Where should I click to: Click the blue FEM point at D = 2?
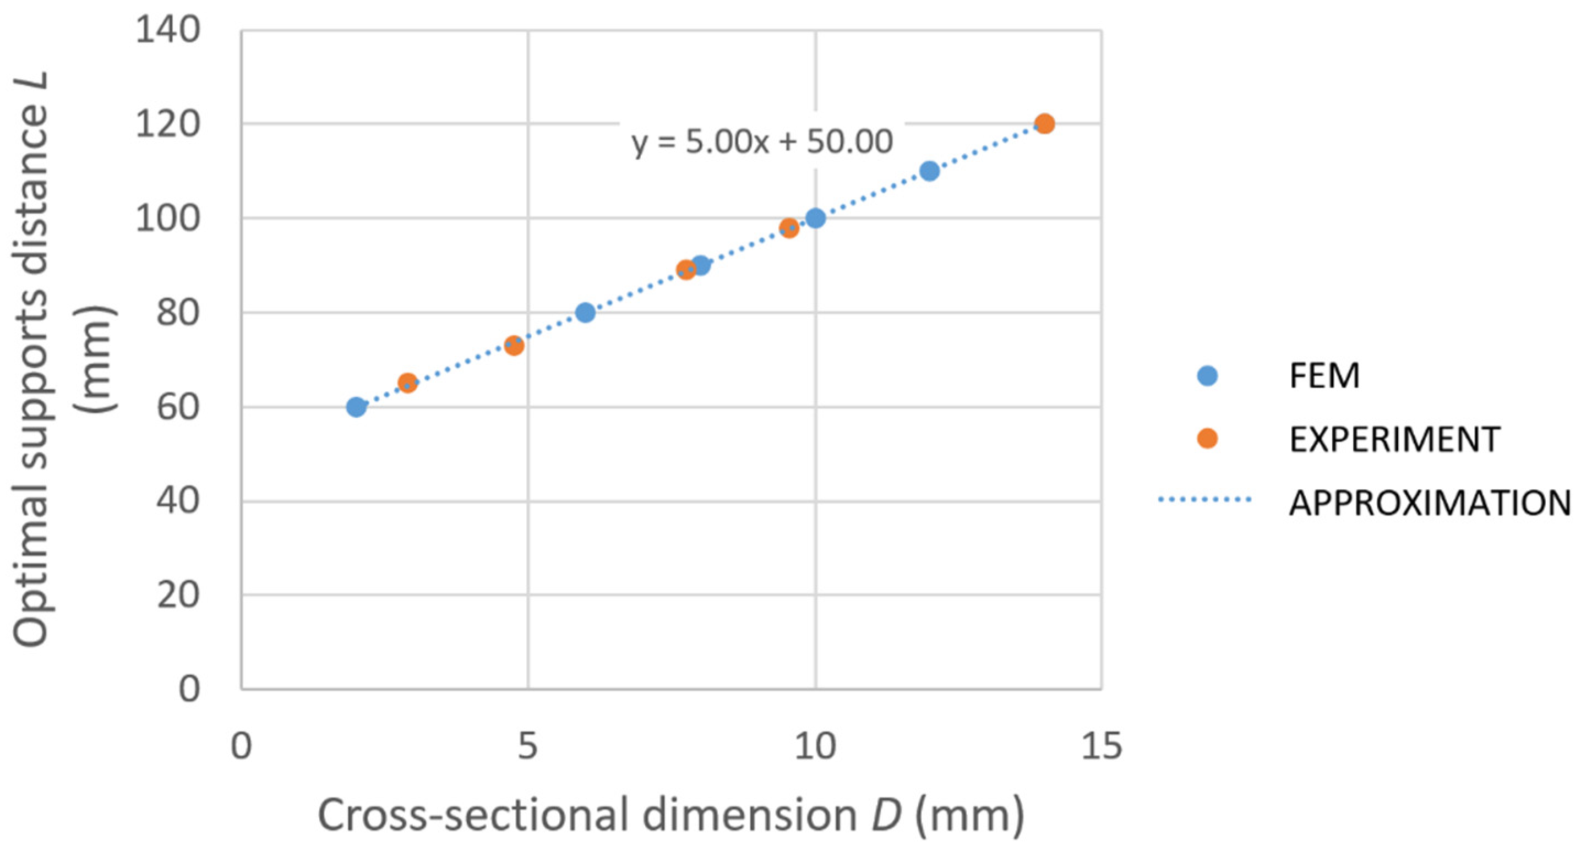click(x=356, y=407)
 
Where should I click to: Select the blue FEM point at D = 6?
click(x=586, y=313)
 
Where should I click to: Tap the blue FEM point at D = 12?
click(x=930, y=171)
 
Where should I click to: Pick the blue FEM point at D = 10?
click(x=815, y=218)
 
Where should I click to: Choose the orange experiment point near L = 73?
click(x=514, y=346)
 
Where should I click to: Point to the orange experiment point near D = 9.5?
click(x=789, y=228)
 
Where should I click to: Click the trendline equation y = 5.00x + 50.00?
click(x=762, y=143)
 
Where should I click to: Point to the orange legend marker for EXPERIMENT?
click(x=1207, y=439)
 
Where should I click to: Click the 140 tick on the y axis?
click(x=167, y=30)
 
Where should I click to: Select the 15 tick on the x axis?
click(x=1102, y=747)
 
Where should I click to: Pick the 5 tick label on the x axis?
click(x=528, y=747)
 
